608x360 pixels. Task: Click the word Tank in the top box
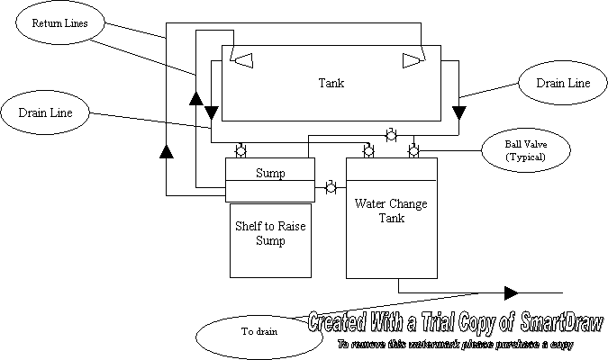click(331, 84)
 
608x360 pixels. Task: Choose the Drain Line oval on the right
click(563, 84)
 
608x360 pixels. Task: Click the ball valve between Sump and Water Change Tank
click(331, 189)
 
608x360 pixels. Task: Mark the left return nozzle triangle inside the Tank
click(242, 60)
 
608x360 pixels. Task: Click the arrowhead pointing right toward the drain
click(511, 292)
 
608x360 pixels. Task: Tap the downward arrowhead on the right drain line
click(459, 112)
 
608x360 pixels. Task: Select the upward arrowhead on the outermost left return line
click(166, 150)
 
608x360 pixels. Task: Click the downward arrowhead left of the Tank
click(210, 112)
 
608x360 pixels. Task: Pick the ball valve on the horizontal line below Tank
click(391, 136)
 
